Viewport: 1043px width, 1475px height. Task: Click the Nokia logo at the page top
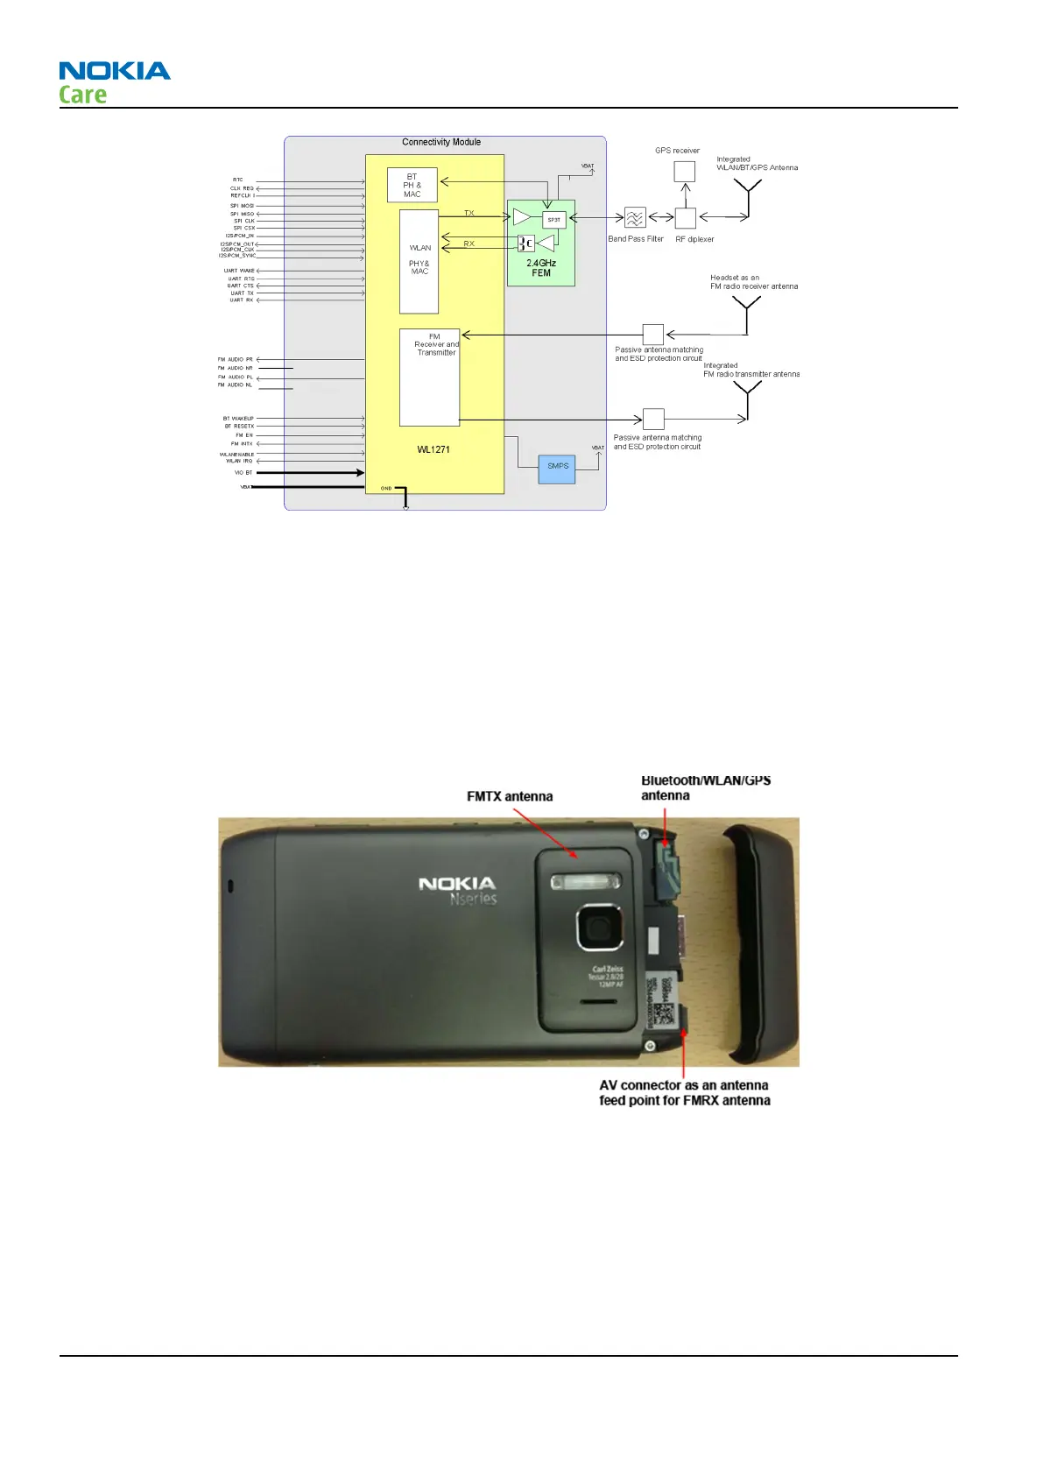[115, 71]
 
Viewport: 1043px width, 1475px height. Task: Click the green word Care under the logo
[83, 95]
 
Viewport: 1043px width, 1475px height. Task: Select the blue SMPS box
[558, 467]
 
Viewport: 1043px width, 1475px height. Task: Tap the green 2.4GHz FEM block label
[541, 268]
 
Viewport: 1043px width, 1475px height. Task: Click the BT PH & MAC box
[412, 186]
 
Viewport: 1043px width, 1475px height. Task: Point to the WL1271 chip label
[433, 449]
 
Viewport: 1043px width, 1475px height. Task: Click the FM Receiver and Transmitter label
[436, 344]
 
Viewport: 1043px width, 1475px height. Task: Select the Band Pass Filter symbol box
[635, 217]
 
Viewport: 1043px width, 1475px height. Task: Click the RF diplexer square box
[686, 217]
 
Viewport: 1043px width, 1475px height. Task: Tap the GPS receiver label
[677, 151]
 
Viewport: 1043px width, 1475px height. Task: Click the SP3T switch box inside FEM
[553, 220]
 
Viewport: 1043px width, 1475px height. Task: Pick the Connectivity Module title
[441, 142]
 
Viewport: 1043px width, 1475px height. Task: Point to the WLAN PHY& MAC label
[419, 260]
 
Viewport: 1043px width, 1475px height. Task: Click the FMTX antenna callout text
[510, 796]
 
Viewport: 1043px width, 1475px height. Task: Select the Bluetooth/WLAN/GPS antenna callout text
[705, 787]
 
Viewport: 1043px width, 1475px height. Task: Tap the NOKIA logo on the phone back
[457, 884]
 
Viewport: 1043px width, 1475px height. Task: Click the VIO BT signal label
[243, 473]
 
